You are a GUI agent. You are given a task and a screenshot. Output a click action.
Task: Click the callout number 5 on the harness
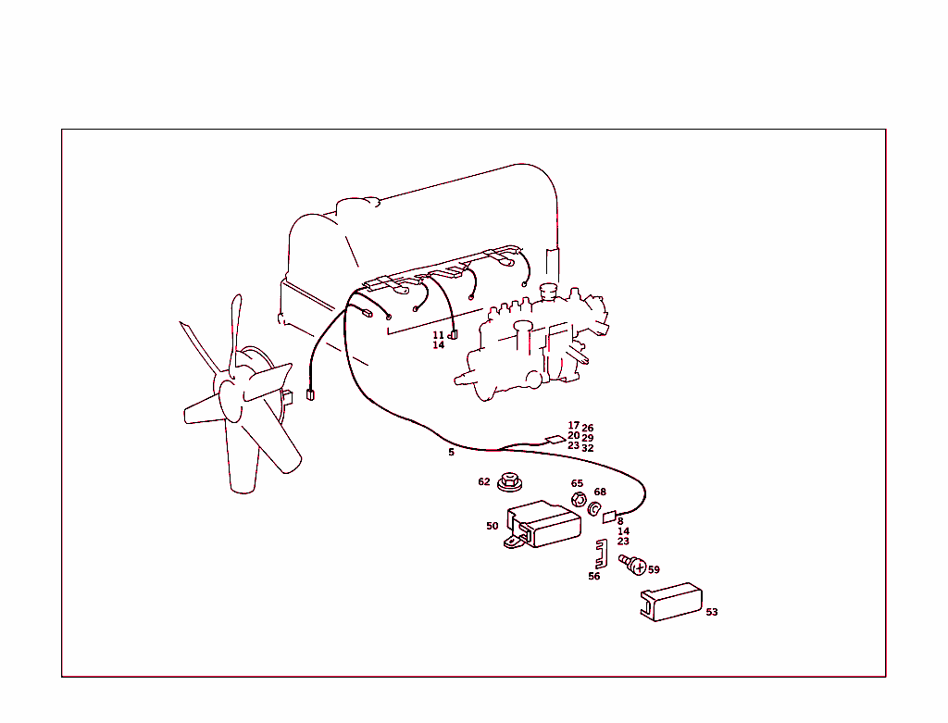tap(451, 452)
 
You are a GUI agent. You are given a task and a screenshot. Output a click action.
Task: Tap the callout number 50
tap(493, 526)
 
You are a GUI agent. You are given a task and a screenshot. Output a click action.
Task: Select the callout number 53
tap(712, 612)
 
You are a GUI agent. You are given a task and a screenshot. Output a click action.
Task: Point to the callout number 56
tap(594, 576)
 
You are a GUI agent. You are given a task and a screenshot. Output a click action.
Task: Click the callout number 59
tap(654, 569)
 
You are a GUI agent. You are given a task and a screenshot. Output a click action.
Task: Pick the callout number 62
tap(483, 481)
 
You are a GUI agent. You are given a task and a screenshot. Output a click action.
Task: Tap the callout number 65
tap(577, 483)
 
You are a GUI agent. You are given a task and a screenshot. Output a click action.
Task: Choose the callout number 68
tap(600, 492)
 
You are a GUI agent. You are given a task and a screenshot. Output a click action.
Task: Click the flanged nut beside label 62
tap(510, 482)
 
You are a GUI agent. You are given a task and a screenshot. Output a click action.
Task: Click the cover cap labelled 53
tap(671, 602)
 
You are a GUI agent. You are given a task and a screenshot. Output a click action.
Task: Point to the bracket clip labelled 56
tap(601, 554)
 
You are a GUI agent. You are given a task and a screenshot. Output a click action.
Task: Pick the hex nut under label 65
tap(579, 500)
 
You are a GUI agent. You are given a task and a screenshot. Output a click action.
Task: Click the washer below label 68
tap(594, 509)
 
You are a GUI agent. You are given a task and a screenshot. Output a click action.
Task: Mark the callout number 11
tap(438, 335)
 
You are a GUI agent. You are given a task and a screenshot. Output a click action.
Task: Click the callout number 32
tap(588, 449)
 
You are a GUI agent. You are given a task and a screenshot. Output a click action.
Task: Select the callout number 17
tap(573, 426)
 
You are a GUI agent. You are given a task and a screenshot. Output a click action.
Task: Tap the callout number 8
tap(620, 522)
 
